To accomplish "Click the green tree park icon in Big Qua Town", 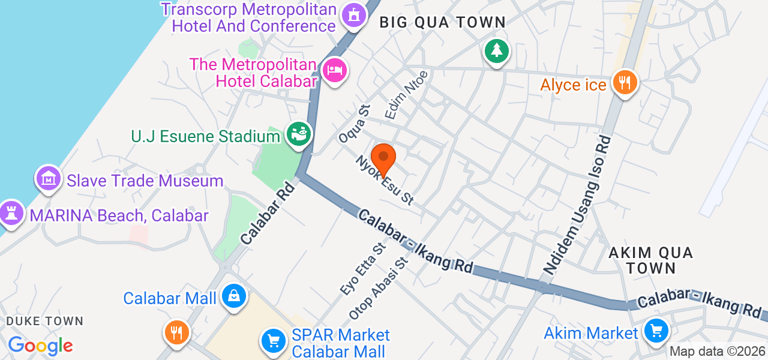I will pos(497,51).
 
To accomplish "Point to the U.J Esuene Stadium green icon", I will pos(298,134).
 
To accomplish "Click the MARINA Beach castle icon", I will pos(11,214).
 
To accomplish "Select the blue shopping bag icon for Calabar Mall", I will pos(233,296).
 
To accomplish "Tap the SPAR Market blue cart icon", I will pos(274,341).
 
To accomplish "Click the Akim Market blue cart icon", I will pos(655,331).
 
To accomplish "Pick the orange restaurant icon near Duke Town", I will pos(176,332).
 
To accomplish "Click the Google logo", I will pos(40,346).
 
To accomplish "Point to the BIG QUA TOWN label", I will pos(443,23).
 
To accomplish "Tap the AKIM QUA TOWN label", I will pos(650,260).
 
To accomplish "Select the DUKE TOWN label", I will pos(44,322).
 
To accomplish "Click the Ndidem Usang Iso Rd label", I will pos(577,205).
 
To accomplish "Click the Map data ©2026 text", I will pos(717,352).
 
